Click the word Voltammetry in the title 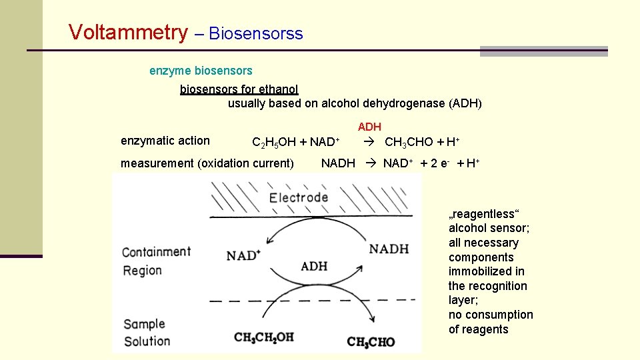(129, 32)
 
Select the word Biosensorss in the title (256, 33)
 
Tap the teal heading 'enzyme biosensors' (201, 70)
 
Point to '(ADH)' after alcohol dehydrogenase (465, 103)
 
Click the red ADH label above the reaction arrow (369, 127)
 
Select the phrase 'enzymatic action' (165, 141)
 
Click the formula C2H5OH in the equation (273, 142)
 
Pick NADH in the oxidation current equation (338, 163)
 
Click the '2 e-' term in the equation (438, 163)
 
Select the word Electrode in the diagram (298, 197)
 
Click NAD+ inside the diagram (243, 255)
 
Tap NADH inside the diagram (389, 249)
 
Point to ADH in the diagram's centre (314, 266)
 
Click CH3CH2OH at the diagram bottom (264, 337)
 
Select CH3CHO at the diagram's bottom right (371, 342)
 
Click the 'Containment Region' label (156, 261)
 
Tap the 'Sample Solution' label (147, 332)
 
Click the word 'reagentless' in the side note (485, 214)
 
